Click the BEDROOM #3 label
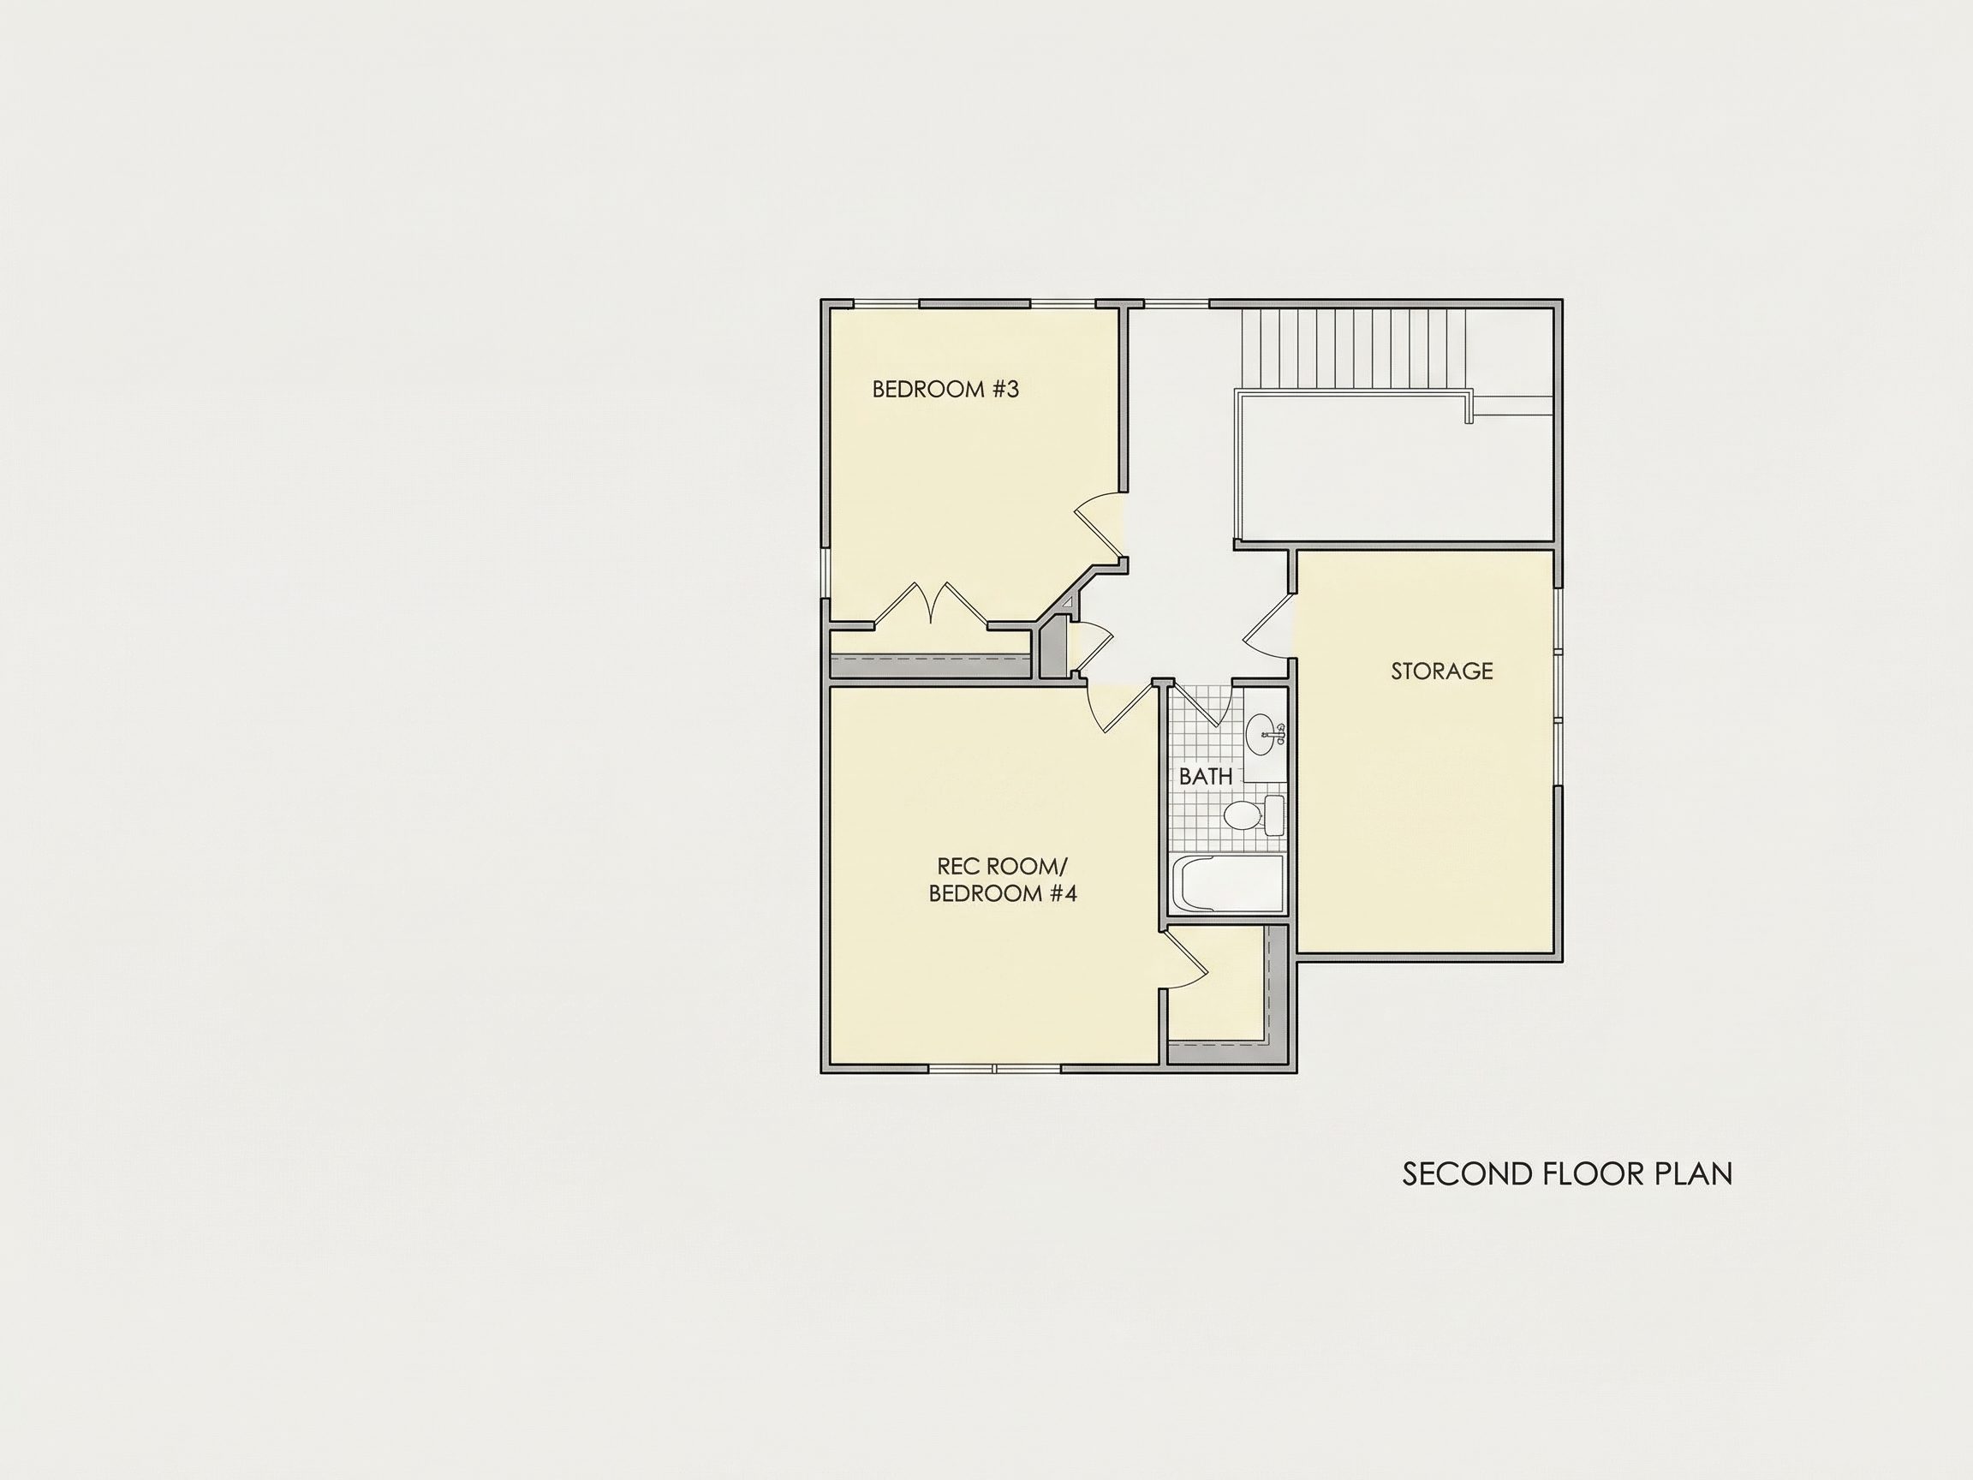(x=945, y=389)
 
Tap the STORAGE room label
(x=1441, y=671)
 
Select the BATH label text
(x=1206, y=776)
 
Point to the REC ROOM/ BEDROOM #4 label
(x=1003, y=880)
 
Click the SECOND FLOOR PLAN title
(x=1567, y=1173)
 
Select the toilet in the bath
(x=1253, y=815)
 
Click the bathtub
(x=1227, y=883)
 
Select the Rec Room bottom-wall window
(x=994, y=1068)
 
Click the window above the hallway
(x=1177, y=304)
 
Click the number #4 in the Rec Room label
(x=1064, y=894)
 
